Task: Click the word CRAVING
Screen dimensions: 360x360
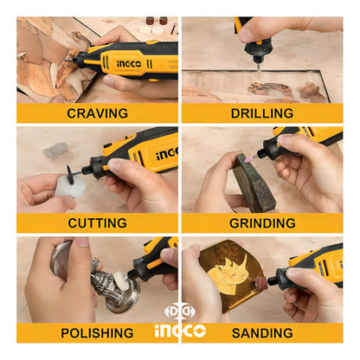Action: click(x=97, y=113)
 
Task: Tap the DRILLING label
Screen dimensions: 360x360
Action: click(x=262, y=113)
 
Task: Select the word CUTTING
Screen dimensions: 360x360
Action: click(x=97, y=223)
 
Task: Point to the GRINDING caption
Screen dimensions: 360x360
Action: click(x=262, y=223)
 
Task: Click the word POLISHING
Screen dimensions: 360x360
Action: click(x=97, y=333)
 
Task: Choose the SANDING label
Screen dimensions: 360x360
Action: click(x=262, y=333)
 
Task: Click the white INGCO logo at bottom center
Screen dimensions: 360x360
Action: click(x=180, y=331)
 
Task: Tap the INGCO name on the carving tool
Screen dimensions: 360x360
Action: click(x=129, y=64)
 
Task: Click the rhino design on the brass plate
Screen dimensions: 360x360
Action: click(x=230, y=270)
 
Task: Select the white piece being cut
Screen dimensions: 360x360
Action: click(x=69, y=186)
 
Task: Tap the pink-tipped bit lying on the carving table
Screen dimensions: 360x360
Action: click(x=174, y=28)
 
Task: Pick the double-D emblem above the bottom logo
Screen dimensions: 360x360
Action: click(x=180, y=312)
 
